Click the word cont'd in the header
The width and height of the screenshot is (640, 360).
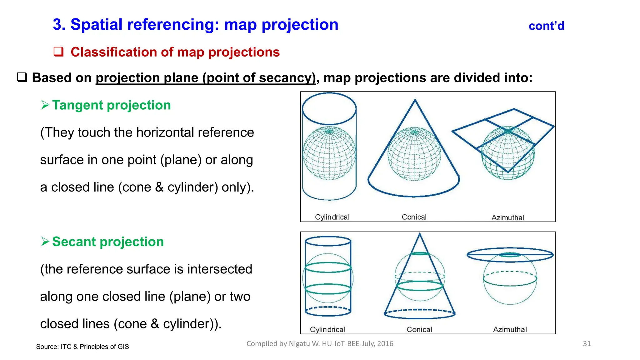(x=546, y=26)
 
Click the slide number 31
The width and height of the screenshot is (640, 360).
(x=587, y=344)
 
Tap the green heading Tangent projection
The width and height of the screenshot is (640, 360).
(x=111, y=105)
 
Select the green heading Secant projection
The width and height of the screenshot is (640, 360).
(x=108, y=242)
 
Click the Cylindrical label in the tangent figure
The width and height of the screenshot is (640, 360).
(x=332, y=217)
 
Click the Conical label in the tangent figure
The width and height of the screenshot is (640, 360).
(x=414, y=217)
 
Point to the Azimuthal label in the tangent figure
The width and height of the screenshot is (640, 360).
(x=507, y=217)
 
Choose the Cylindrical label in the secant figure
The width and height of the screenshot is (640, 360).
(x=327, y=329)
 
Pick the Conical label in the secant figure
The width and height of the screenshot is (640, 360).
(x=419, y=329)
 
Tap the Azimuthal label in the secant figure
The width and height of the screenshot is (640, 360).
(x=510, y=329)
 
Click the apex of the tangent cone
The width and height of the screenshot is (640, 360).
(x=415, y=100)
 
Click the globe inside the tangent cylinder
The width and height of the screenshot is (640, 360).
(x=329, y=153)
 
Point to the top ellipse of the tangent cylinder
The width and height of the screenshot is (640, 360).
(x=329, y=108)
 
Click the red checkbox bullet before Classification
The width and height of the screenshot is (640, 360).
(x=58, y=52)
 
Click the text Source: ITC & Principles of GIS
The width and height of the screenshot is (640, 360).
(x=82, y=347)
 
